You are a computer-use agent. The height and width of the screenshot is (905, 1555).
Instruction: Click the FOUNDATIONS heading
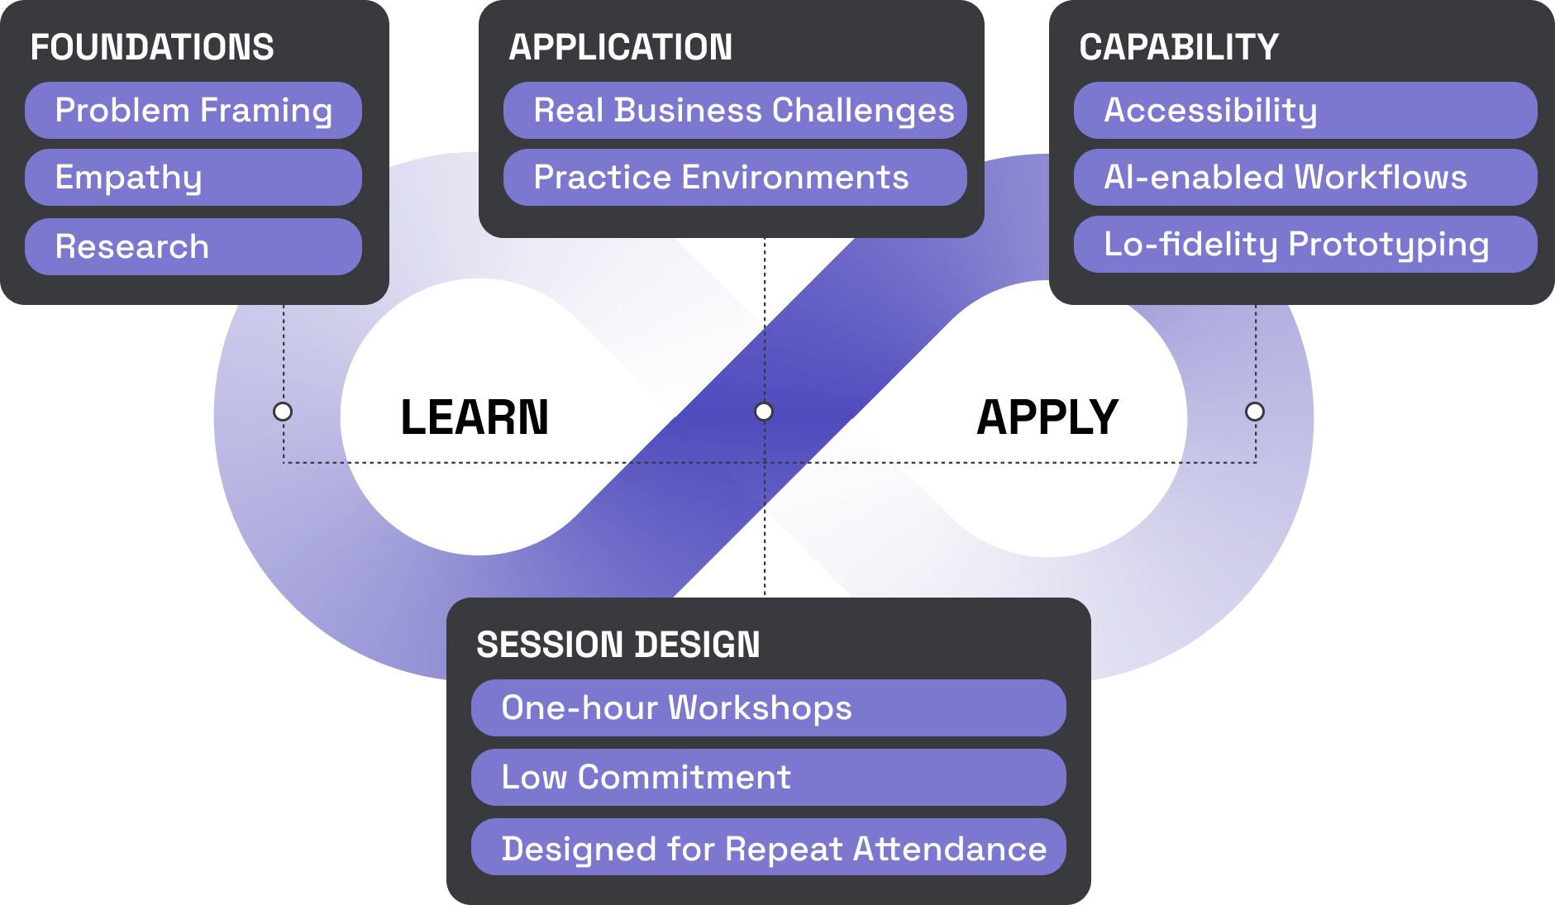152,47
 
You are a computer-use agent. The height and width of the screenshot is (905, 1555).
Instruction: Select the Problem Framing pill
193,111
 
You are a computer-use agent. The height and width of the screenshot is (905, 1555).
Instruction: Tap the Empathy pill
193,178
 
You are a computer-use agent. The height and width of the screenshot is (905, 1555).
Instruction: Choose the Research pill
193,246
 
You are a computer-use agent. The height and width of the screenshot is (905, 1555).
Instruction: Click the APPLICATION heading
620,47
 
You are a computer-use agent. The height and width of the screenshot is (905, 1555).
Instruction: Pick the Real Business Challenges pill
735,111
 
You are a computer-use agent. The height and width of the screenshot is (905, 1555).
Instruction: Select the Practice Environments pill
735,178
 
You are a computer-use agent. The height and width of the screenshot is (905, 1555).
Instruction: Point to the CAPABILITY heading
1179,47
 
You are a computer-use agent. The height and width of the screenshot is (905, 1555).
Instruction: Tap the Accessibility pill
1305,111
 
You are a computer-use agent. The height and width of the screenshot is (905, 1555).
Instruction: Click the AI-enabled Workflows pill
1305,178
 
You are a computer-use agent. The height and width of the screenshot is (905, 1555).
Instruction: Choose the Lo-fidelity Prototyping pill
1305,245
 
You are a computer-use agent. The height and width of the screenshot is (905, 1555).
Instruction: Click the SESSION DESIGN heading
618,645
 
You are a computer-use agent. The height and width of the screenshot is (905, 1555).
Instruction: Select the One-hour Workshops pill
768,708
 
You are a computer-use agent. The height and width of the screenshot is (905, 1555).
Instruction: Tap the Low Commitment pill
768,778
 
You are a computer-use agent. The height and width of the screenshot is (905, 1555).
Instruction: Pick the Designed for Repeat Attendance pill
768,847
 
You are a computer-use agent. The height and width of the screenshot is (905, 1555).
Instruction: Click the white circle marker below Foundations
283,412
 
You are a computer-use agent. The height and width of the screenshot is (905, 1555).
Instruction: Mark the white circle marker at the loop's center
764,412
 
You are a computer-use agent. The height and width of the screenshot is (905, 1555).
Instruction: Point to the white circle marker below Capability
1255,412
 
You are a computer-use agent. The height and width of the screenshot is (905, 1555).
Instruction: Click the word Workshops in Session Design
760,708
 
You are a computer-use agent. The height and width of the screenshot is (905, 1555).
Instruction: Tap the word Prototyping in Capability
1389,245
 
